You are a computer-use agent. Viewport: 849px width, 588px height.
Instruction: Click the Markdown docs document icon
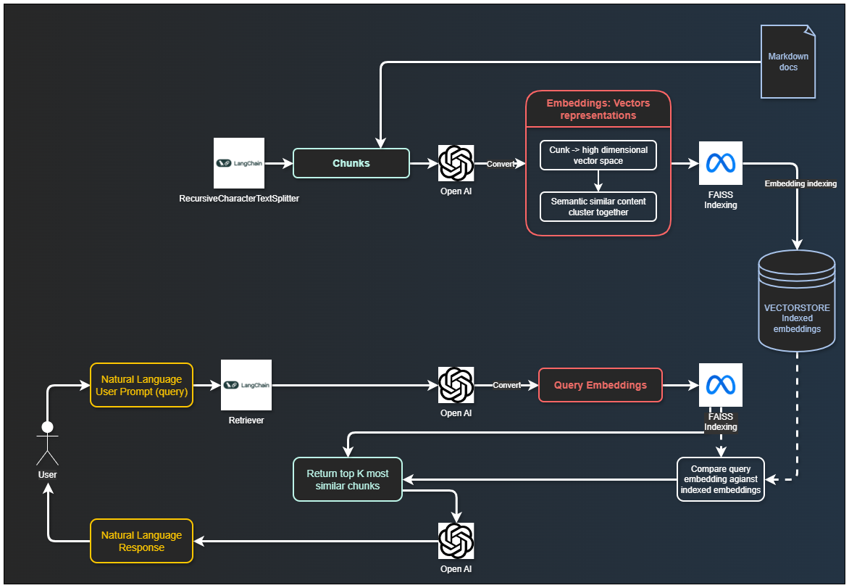(x=788, y=62)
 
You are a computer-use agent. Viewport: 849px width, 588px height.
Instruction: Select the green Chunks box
(x=351, y=163)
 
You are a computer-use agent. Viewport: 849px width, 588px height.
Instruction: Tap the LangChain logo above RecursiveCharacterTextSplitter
(x=239, y=163)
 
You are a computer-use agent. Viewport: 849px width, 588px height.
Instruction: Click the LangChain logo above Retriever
(x=246, y=385)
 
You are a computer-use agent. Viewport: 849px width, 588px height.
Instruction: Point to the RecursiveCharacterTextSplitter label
(x=239, y=198)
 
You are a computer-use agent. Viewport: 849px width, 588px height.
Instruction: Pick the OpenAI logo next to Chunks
(x=456, y=163)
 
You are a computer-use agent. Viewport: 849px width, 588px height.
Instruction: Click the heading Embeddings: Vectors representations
(x=598, y=109)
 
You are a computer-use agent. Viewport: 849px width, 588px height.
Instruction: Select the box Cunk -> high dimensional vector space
(x=598, y=155)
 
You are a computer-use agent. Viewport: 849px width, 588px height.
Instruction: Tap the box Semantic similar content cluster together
(x=598, y=207)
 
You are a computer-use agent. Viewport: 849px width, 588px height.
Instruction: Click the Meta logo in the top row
(x=721, y=163)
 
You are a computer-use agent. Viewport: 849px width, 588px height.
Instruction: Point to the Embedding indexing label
(x=800, y=184)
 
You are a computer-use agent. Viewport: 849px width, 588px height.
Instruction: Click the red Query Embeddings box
(x=601, y=385)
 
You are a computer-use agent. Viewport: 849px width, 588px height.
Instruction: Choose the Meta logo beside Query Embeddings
(x=721, y=385)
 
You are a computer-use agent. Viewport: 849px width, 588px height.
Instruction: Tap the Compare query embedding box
(x=721, y=479)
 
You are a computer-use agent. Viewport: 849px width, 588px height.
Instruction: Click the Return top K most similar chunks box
(x=348, y=479)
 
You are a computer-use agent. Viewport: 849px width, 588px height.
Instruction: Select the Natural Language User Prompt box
(x=141, y=385)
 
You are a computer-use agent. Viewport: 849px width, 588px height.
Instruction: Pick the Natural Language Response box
(x=141, y=541)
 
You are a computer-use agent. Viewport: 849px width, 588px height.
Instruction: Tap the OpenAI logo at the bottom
(x=456, y=541)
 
